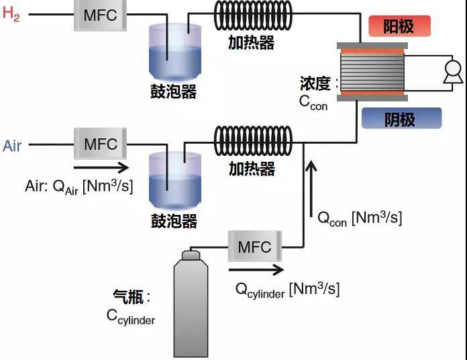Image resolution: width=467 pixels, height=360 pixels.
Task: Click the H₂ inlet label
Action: [11, 15]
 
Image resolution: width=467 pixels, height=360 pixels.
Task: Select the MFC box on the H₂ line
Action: [100, 15]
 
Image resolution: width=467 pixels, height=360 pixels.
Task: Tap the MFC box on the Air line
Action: [100, 144]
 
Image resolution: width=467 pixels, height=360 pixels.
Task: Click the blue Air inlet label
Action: [12, 145]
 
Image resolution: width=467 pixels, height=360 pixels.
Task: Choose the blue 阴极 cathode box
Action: [401, 118]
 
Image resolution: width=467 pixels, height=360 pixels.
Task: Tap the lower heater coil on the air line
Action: [253, 142]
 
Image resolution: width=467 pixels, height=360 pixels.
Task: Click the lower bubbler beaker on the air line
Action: [174, 180]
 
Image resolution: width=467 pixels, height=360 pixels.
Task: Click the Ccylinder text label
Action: [131, 316]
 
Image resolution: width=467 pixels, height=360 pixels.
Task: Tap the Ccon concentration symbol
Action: [313, 102]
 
